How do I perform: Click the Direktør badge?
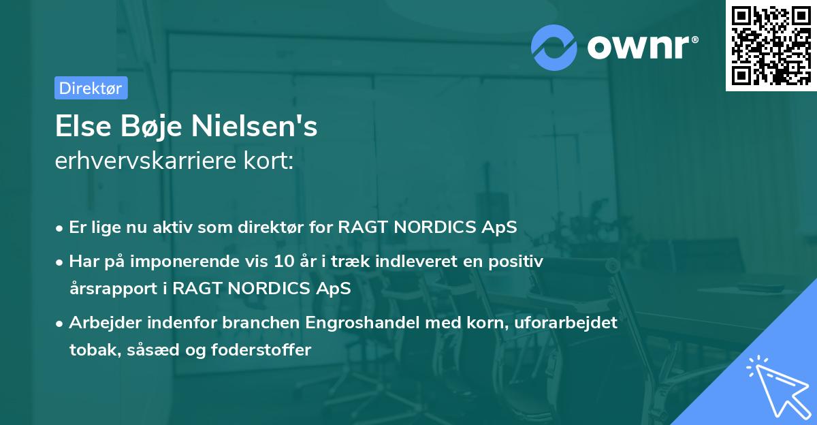pos(91,88)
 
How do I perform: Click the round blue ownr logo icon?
pos(556,47)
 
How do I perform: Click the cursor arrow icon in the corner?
pos(775,384)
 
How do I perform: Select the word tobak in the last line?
pos(89,350)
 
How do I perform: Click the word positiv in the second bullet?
pos(519,263)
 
